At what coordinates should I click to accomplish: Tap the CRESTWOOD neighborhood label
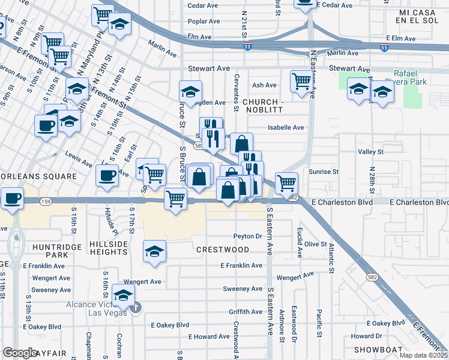click(222, 249)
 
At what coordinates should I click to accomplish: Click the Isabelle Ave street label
click(286, 127)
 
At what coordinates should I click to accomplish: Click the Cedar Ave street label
click(203, 5)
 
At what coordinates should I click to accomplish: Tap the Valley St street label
click(370, 152)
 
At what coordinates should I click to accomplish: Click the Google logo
click(20, 353)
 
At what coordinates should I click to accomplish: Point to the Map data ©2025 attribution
click(423, 355)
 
